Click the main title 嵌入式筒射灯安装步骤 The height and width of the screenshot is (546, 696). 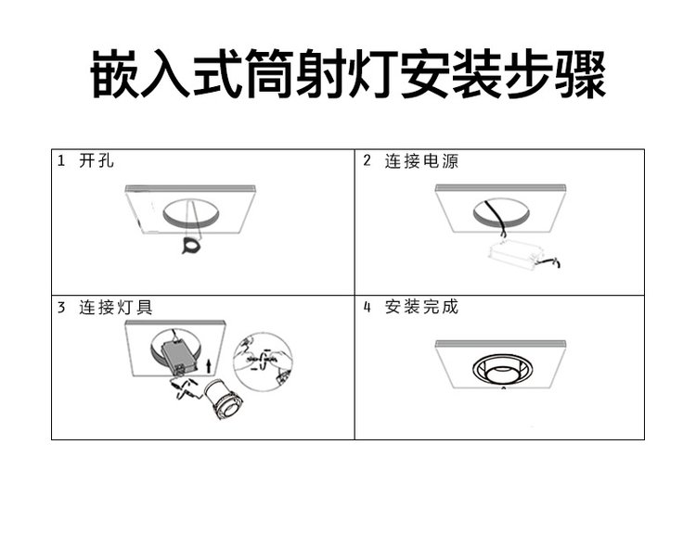(348, 74)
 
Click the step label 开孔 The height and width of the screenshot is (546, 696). (97, 160)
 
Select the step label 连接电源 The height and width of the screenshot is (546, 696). (421, 160)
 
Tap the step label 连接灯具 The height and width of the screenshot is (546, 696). (116, 307)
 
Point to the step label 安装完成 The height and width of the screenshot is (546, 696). (421, 307)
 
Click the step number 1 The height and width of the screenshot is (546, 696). (61, 160)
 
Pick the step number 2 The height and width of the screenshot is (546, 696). (367, 160)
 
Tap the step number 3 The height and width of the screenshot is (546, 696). (61, 307)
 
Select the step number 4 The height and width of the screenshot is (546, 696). (367, 307)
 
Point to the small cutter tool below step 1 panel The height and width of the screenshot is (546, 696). (192, 245)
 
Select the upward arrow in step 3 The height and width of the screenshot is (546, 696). (209, 365)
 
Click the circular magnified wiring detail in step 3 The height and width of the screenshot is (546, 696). (263, 361)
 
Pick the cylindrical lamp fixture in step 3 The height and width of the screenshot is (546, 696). (224, 400)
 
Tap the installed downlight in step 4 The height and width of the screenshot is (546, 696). (502, 371)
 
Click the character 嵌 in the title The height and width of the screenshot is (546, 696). (115, 74)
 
